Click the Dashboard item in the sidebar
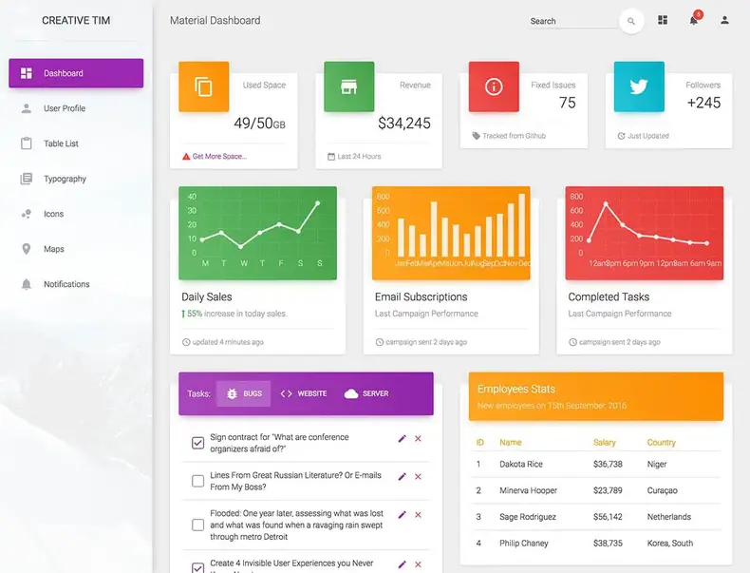pyautogui.click(x=76, y=73)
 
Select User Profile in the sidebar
pyautogui.click(x=64, y=108)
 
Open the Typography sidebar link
pyautogui.click(x=65, y=179)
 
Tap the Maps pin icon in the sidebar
pyautogui.click(x=27, y=249)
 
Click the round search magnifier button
pyautogui.click(x=631, y=21)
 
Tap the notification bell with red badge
pyautogui.click(x=694, y=20)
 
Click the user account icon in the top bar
pyautogui.click(x=725, y=20)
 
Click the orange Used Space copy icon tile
pyautogui.click(x=203, y=86)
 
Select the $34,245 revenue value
pyautogui.click(x=403, y=123)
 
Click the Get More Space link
pyautogui.click(x=219, y=156)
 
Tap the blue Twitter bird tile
pyautogui.click(x=639, y=86)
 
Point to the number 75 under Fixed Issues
pyautogui.click(x=567, y=103)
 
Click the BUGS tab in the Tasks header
pyautogui.click(x=244, y=393)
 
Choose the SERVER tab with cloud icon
pyautogui.click(x=366, y=393)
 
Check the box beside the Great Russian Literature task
pyautogui.click(x=198, y=482)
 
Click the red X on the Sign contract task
pyautogui.click(x=418, y=438)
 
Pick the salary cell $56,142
pyautogui.click(x=608, y=517)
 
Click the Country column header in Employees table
pyautogui.click(x=661, y=442)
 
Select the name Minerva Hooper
pyautogui.click(x=528, y=490)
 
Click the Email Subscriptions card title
pyautogui.click(x=421, y=296)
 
